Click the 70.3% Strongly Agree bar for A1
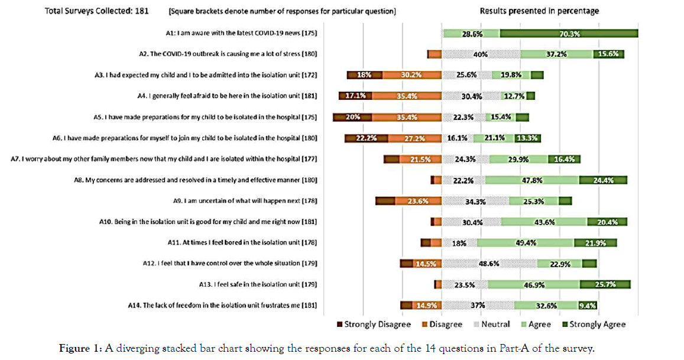click(x=569, y=34)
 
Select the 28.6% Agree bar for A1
click(x=471, y=34)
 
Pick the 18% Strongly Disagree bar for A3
click(x=364, y=75)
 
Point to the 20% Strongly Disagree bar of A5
click(x=353, y=117)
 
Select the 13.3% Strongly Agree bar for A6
click(x=528, y=138)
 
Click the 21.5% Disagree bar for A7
click(x=420, y=159)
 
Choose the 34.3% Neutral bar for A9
click(x=475, y=201)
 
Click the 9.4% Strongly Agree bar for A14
click(x=588, y=306)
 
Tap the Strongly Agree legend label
click(x=598, y=325)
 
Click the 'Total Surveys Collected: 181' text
click(x=97, y=11)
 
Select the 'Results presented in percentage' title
click(x=539, y=11)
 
